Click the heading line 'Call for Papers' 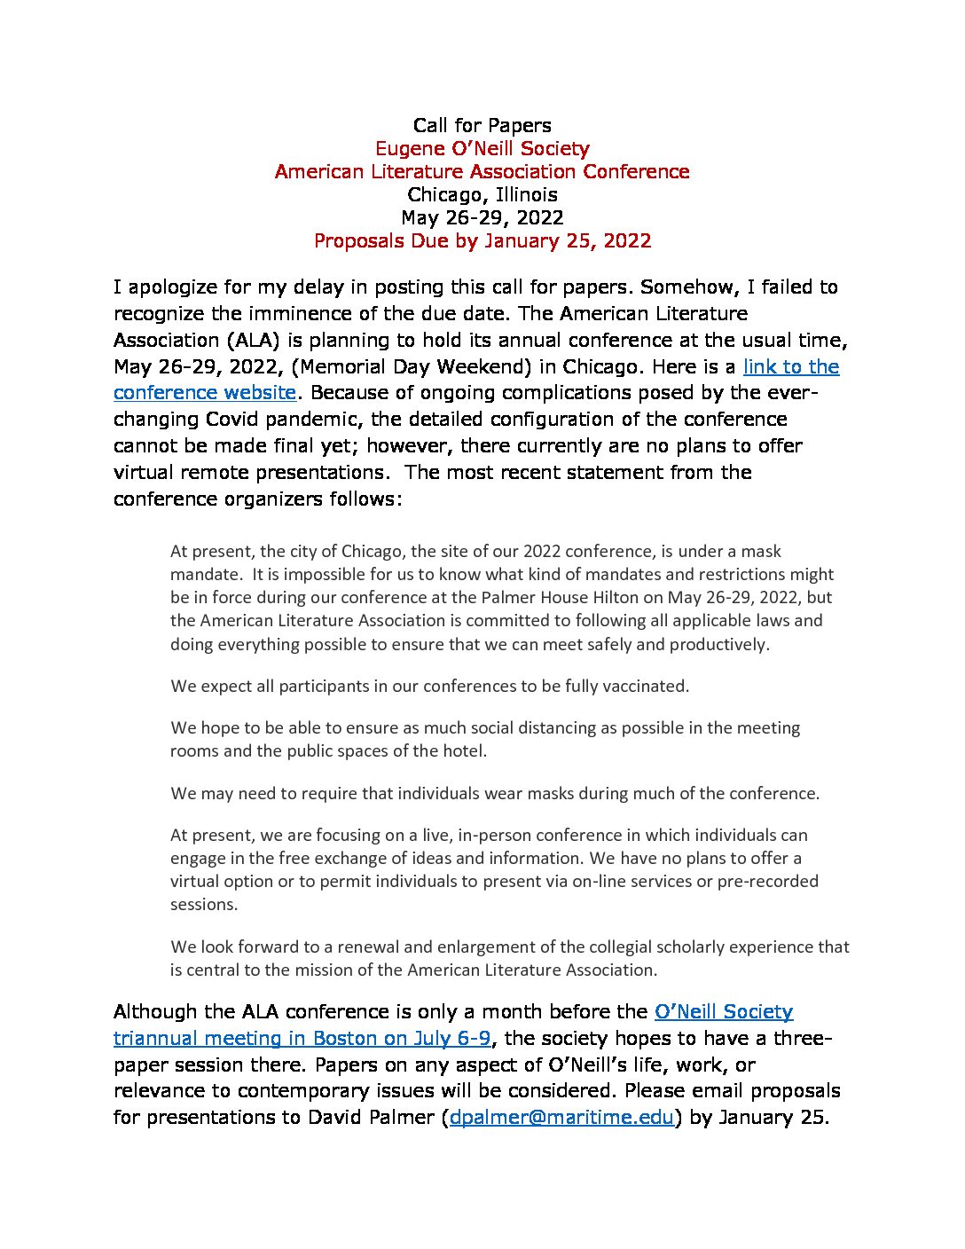482,126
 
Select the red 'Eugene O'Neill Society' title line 482,149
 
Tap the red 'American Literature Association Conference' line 482,172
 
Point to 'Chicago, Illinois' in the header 482,195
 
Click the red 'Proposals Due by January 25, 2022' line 482,241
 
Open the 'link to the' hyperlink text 790,367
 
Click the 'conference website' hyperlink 204,393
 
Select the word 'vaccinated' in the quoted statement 644,687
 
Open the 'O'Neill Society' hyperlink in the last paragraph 723,1012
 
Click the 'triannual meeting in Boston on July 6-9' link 302,1039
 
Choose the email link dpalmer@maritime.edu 561,1118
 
